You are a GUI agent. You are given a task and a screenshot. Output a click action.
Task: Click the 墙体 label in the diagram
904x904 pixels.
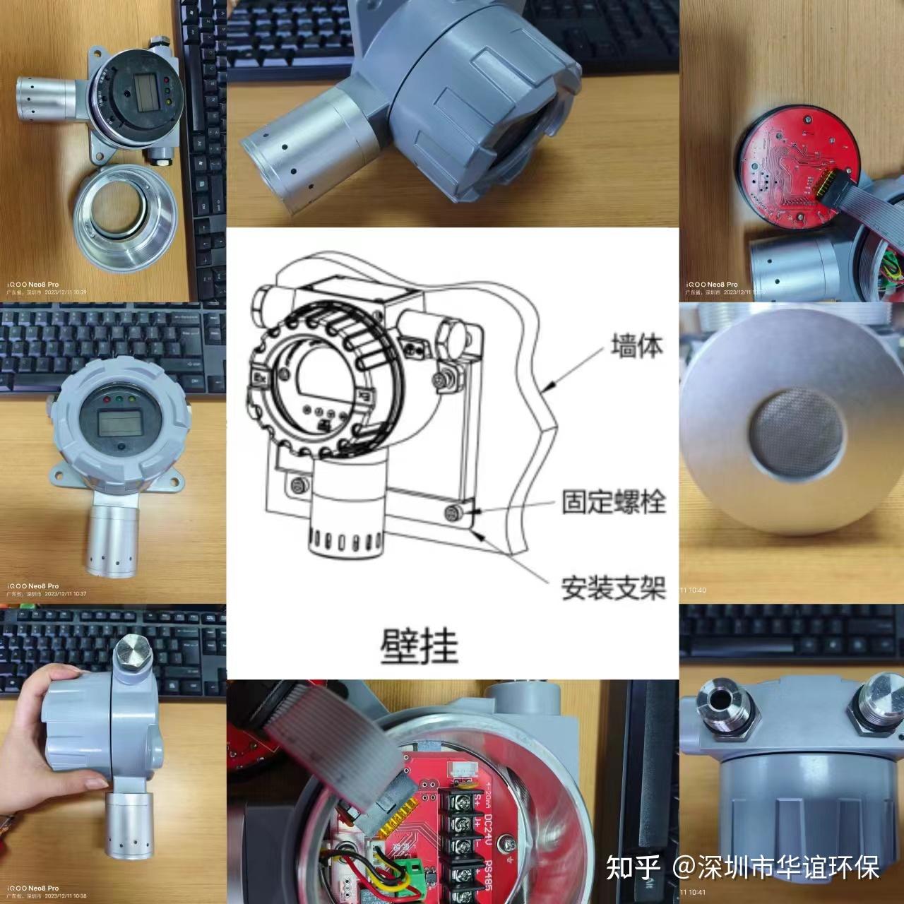click(x=636, y=347)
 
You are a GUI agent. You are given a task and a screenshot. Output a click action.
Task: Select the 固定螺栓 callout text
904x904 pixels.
click(x=613, y=502)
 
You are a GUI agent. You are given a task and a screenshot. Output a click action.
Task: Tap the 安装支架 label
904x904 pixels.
click(x=613, y=588)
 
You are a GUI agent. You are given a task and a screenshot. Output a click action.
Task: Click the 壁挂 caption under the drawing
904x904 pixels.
click(x=420, y=644)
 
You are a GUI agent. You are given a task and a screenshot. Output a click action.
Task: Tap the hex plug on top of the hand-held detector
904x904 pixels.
click(x=132, y=653)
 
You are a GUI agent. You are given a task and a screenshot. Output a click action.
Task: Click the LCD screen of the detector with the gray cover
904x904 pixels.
click(x=117, y=424)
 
